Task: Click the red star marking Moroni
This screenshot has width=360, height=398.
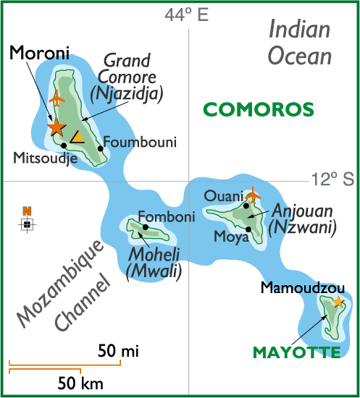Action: (x=56, y=127)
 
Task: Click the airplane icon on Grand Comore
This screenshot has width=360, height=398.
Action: (x=56, y=98)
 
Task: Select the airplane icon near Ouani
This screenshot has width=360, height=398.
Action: (x=253, y=195)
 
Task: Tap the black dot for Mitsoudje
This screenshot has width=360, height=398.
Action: (x=64, y=145)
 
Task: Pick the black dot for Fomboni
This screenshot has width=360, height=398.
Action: (x=146, y=227)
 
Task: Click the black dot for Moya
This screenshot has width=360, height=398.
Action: (x=248, y=229)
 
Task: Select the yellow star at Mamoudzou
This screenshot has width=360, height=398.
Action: (x=338, y=302)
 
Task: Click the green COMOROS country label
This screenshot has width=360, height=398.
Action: (x=259, y=110)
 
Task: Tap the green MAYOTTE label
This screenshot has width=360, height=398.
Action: (x=296, y=353)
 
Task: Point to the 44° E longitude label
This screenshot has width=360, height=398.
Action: (x=185, y=15)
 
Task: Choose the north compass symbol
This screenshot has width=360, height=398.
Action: (x=27, y=221)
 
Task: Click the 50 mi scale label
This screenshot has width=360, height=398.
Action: (x=118, y=352)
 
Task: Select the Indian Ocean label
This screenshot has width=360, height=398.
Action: (x=300, y=43)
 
